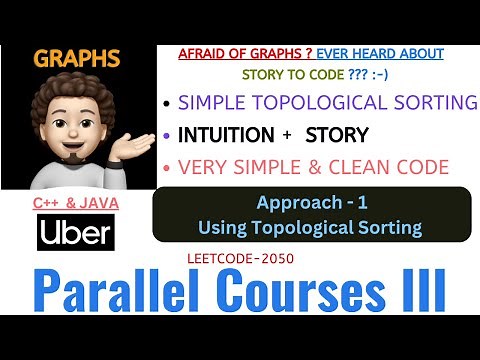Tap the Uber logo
point(73,233)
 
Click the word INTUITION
point(225,134)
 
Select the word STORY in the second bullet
point(337,134)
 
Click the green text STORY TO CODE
point(290,74)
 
